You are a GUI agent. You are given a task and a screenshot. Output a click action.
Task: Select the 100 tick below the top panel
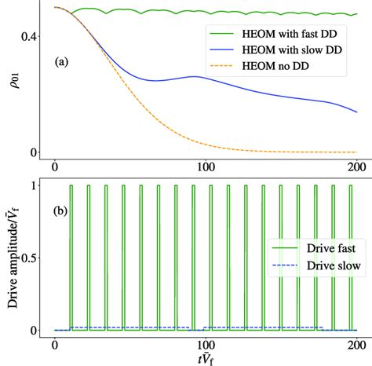(206, 167)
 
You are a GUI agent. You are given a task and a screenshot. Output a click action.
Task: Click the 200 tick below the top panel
(356, 167)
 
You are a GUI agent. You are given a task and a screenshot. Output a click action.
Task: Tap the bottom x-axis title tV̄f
(206, 357)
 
